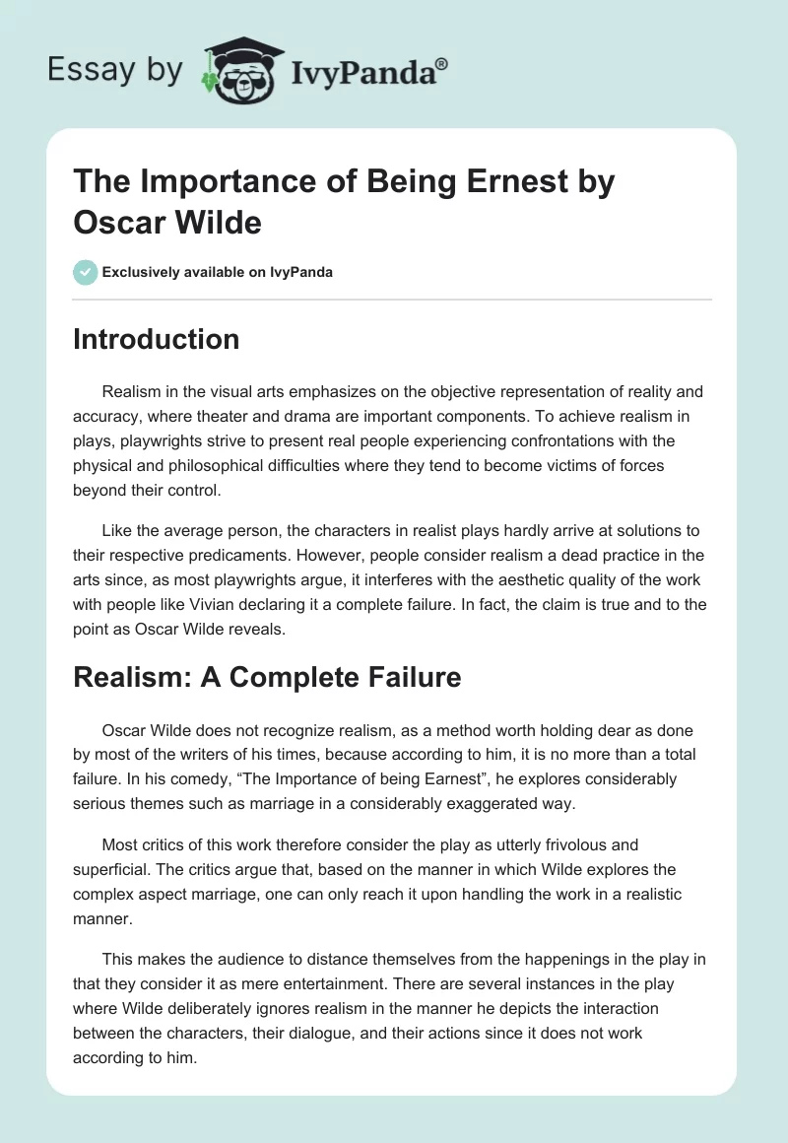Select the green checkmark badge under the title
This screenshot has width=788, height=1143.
coord(85,272)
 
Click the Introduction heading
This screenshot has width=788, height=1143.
coord(156,339)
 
